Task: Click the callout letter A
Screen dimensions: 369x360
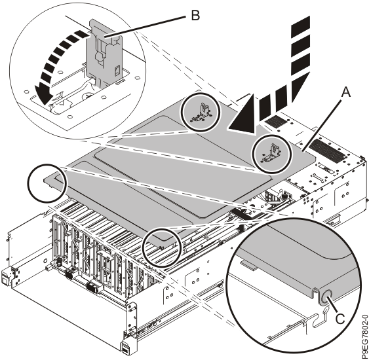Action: [345, 92]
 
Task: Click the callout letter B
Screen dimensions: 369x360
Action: [195, 16]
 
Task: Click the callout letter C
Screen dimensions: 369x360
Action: [340, 319]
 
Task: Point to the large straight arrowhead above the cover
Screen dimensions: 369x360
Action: [243, 115]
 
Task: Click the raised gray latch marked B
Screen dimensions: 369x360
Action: [104, 52]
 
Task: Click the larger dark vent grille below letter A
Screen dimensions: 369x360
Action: [326, 151]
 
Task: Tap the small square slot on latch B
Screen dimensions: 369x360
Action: [117, 71]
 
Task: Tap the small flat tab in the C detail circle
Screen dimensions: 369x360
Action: [248, 264]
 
